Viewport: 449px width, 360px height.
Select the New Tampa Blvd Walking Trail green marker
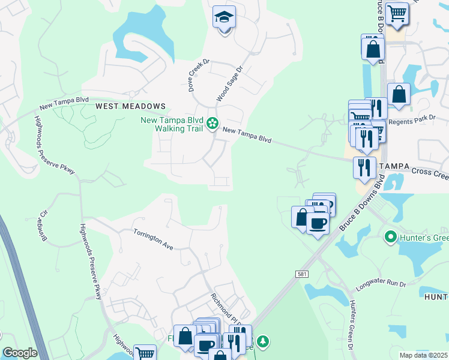click(x=212, y=124)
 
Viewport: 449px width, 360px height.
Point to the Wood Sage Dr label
click(x=229, y=84)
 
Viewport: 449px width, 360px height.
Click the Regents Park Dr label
click(x=411, y=121)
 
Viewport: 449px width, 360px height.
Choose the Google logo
click(x=20, y=353)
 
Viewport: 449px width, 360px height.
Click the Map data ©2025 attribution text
click(x=423, y=355)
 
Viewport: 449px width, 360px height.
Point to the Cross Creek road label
click(x=430, y=173)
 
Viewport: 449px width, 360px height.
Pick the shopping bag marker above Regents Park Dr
click(x=399, y=94)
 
